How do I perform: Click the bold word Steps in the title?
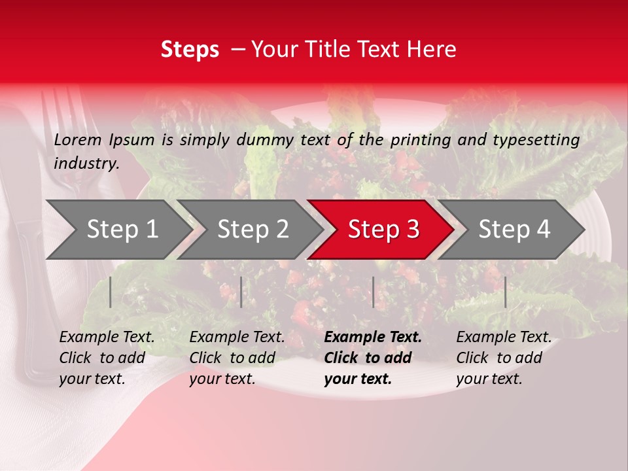(190, 50)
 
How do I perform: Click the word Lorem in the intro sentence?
(77, 139)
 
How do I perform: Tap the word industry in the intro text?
(86, 163)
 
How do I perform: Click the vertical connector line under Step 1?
(111, 292)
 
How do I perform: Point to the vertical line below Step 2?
(241, 292)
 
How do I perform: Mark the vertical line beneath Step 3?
(373, 292)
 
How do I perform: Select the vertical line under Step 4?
(505, 292)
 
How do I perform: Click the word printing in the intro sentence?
(420, 140)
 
